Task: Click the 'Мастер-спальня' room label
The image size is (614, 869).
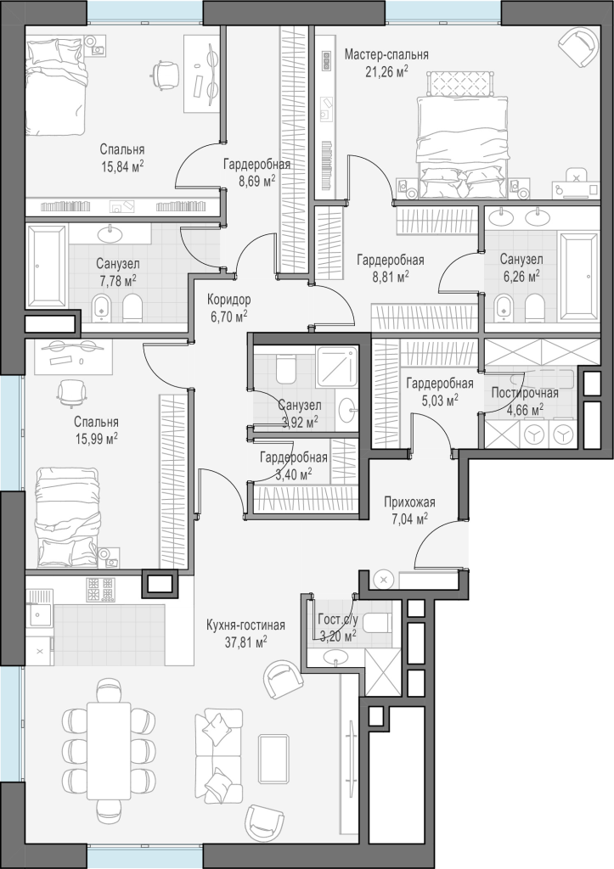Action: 386,55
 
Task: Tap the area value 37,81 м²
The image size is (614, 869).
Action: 245,642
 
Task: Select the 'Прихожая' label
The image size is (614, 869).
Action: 410,502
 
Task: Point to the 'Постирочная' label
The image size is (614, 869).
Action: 525,393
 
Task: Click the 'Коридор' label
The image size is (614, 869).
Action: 228,300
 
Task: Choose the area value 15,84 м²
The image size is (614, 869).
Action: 122,165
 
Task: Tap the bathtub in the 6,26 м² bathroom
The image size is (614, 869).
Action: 579,277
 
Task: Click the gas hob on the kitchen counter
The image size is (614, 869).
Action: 100,590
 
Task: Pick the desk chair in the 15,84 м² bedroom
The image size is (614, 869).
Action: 164,73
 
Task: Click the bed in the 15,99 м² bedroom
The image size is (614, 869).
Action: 68,517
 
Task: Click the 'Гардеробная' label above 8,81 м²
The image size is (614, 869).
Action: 391,261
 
